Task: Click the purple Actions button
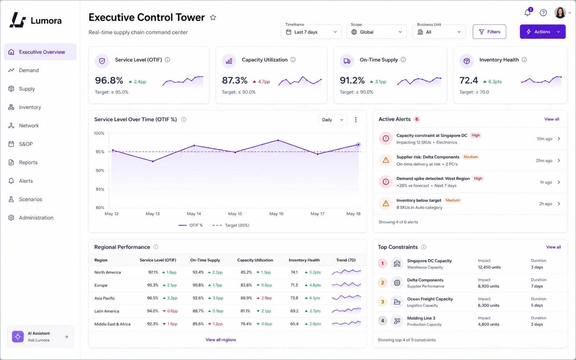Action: click(543, 32)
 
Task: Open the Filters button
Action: click(489, 32)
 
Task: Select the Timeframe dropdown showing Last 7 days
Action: click(311, 32)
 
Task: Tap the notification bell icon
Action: click(527, 13)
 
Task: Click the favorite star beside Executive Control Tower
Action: click(213, 17)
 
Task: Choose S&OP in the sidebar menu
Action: click(26, 144)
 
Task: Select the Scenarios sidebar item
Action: click(31, 199)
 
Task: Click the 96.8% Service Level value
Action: click(109, 81)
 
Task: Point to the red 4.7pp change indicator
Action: click(261, 82)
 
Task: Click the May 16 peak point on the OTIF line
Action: click(278, 140)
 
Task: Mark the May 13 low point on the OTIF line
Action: click(153, 161)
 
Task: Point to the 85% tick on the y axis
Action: click(100, 189)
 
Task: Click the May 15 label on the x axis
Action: click(235, 214)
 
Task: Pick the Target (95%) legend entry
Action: click(231, 225)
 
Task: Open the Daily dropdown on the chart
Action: click(332, 120)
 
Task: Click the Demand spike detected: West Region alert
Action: click(433, 179)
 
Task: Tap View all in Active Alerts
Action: click(552, 119)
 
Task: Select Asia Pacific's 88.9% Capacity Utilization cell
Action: click(246, 298)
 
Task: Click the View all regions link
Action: click(220, 340)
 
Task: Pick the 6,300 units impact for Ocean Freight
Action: click(488, 305)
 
